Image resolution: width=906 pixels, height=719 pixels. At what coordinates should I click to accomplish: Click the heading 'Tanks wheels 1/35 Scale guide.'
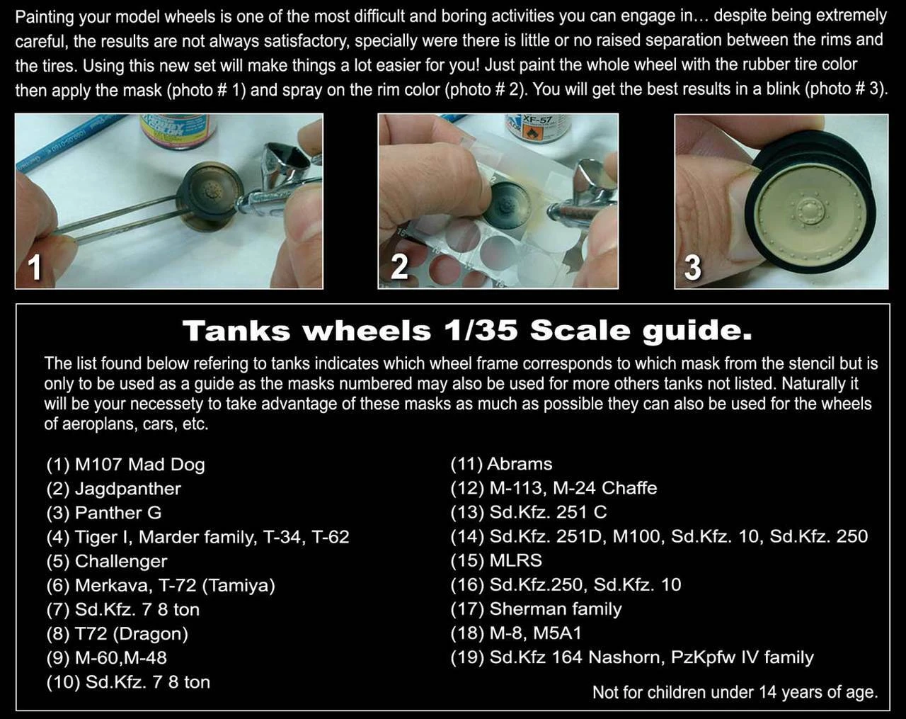point(467,330)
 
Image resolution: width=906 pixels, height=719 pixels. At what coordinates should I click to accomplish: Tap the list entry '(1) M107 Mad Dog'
point(126,465)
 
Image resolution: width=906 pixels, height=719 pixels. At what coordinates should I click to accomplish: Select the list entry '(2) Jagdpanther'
point(114,489)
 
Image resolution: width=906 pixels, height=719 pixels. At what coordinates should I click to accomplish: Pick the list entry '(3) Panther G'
point(104,513)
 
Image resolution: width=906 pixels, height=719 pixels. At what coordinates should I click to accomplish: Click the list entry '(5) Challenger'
point(107,561)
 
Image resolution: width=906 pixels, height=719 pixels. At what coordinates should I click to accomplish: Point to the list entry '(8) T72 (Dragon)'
point(117,634)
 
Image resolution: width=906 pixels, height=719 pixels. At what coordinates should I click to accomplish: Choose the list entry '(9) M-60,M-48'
point(107,658)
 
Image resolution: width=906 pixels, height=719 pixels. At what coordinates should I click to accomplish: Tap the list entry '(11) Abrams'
point(501,464)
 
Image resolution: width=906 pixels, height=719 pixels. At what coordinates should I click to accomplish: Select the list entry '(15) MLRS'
point(496,560)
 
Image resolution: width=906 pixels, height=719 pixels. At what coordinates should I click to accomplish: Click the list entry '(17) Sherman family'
point(536,609)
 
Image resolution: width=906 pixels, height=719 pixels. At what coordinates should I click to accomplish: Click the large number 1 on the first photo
point(35,268)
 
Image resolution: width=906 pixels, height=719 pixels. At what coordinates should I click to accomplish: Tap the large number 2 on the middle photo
point(399,267)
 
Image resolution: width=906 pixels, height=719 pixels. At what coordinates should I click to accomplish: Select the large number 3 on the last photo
point(692,267)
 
